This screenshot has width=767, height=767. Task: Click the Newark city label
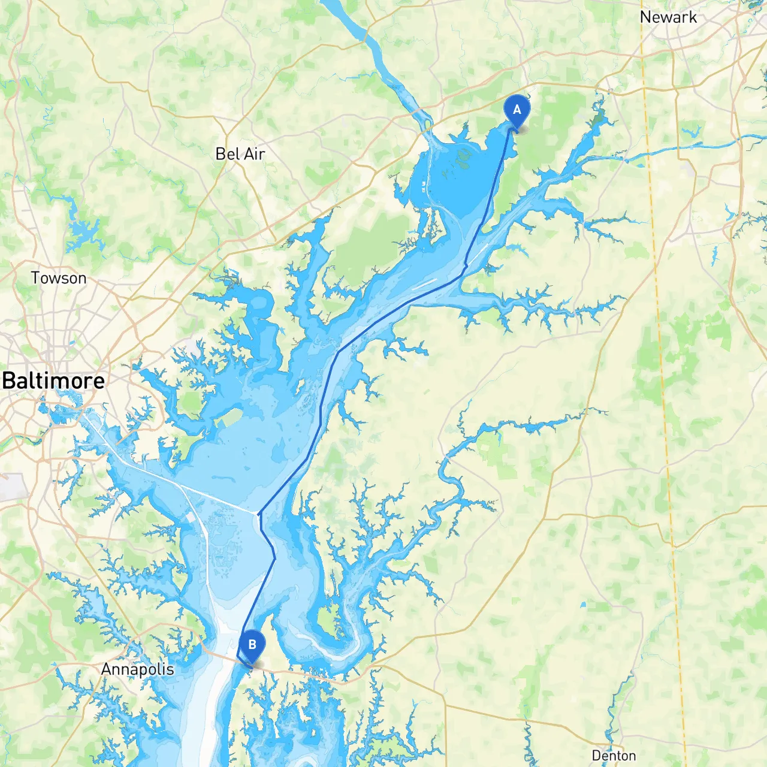(x=668, y=17)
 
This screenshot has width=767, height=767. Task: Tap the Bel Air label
(x=240, y=154)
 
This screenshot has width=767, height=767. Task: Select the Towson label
(x=59, y=278)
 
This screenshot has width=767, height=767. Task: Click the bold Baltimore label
(x=54, y=381)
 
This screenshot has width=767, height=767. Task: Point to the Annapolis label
(x=137, y=669)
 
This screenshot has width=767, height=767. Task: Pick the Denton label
(x=614, y=756)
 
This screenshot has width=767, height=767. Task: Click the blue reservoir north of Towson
(x=78, y=228)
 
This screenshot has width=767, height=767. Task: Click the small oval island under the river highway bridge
(x=427, y=126)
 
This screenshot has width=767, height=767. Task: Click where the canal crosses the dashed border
(x=650, y=152)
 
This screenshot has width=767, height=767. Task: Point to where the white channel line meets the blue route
(x=258, y=514)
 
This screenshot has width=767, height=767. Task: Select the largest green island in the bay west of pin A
(x=462, y=157)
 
